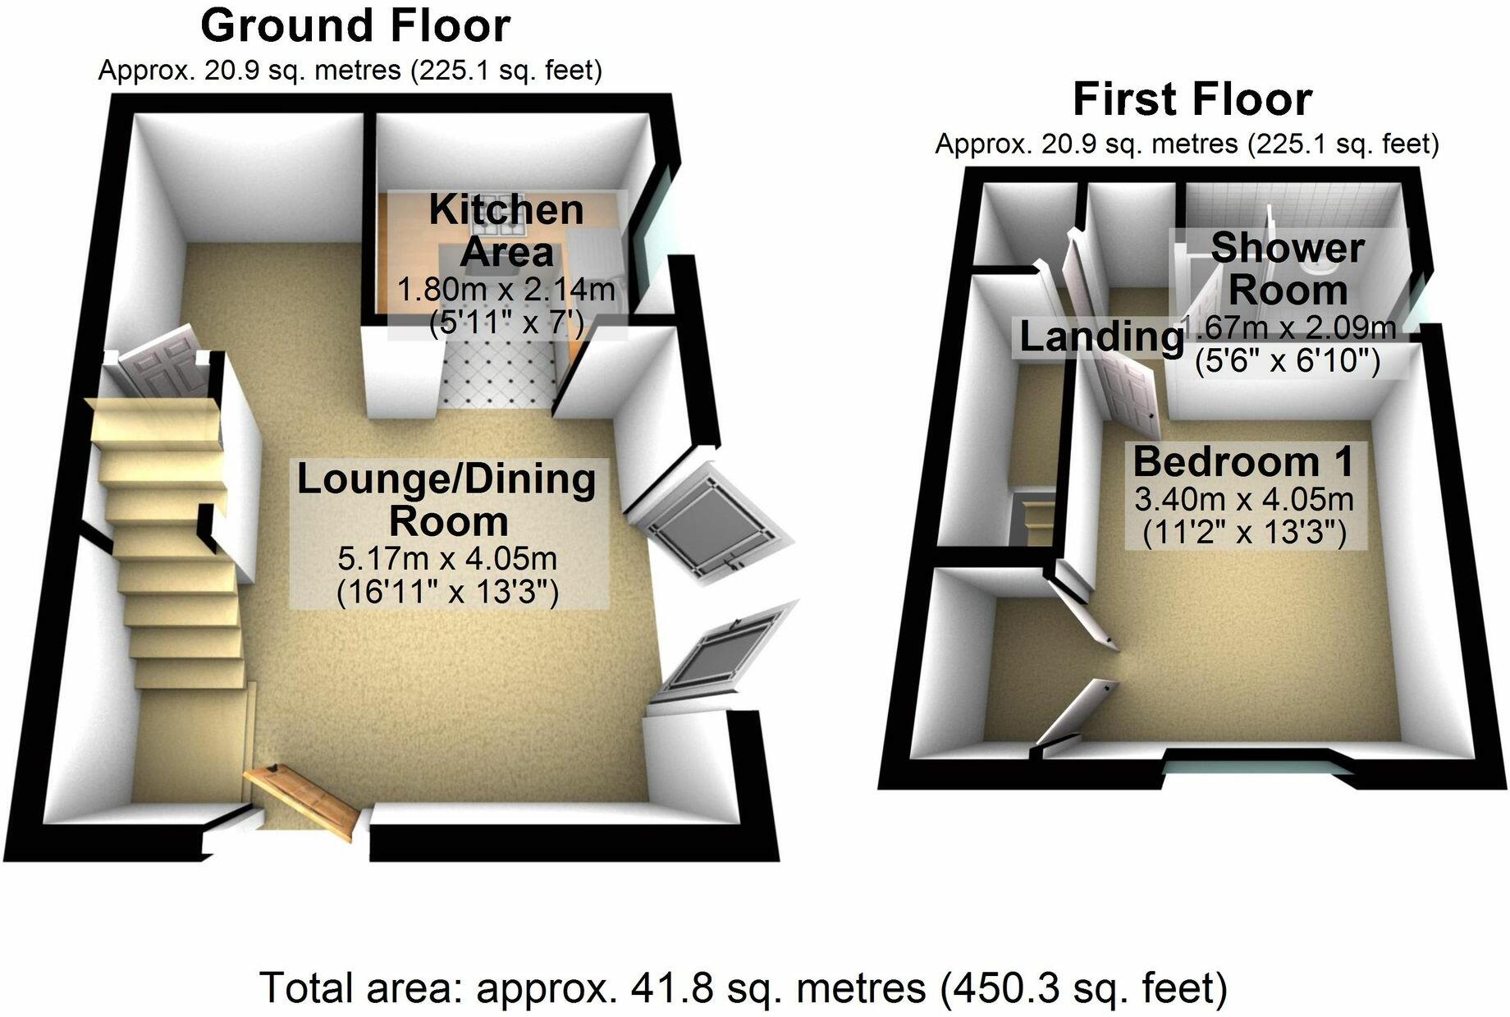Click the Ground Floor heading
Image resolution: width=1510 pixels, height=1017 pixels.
click(x=355, y=26)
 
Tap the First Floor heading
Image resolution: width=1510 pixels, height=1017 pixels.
click(x=1192, y=100)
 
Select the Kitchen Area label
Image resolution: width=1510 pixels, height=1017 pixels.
click(x=506, y=231)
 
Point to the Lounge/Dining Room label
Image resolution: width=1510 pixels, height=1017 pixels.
click(x=446, y=500)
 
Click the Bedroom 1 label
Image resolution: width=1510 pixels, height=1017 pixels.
click(x=1242, y=462)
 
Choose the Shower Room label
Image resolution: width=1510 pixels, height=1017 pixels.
click(x=1288, y=268)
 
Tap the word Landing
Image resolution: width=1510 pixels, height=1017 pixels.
click(x=1099, y=337)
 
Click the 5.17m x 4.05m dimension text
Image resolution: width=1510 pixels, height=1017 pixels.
click(x=447, y=559)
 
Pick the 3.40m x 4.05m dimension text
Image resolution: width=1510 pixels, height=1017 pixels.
click(x=1244, y=499)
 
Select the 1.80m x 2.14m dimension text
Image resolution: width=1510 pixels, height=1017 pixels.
click(x=506, y=289)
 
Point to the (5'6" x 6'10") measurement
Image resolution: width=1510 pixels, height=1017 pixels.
click(x=1287, y=360)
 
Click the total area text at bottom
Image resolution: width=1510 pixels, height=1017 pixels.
click(x=744, y=988)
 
